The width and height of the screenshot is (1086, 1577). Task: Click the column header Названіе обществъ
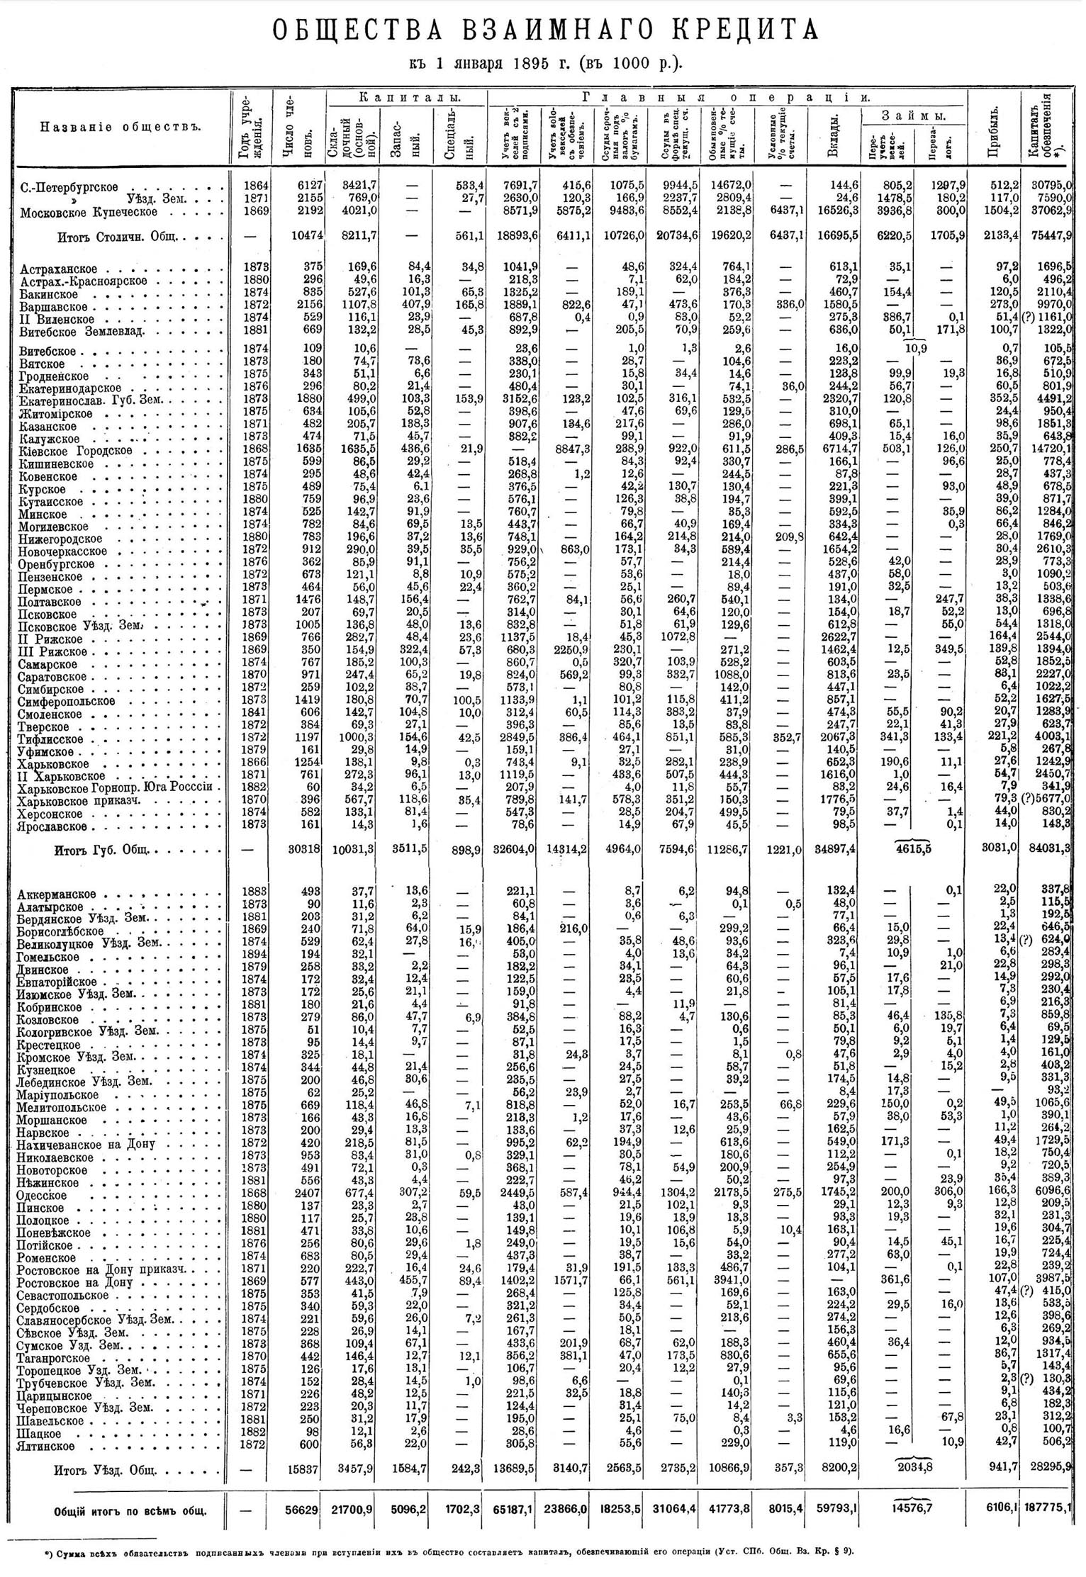pyautogui.click(x=120, y=127)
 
